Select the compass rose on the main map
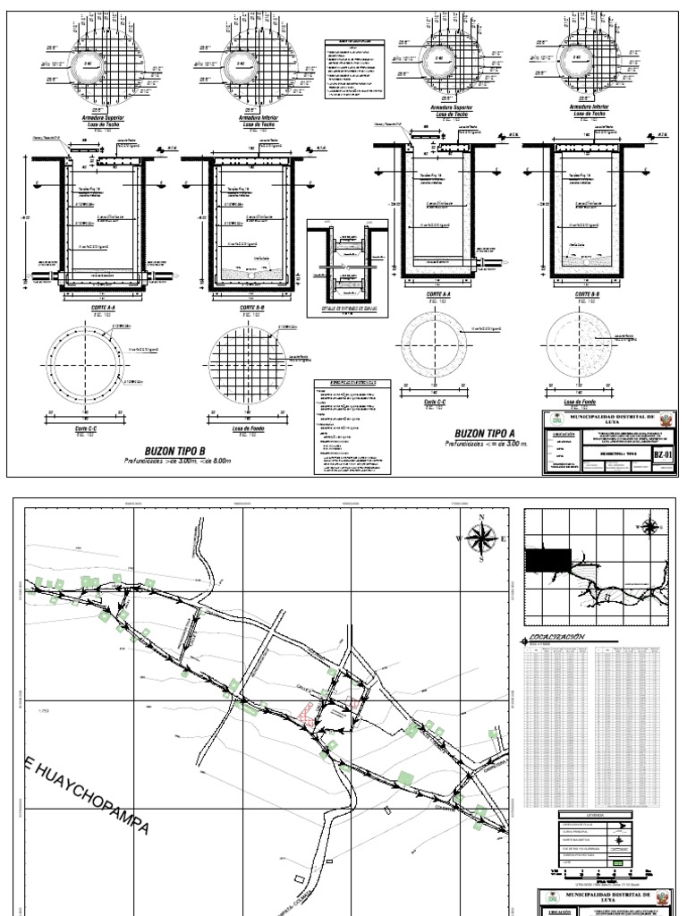coord(481,539)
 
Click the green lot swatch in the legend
coord(616,862)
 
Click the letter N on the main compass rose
coord(481,518)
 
